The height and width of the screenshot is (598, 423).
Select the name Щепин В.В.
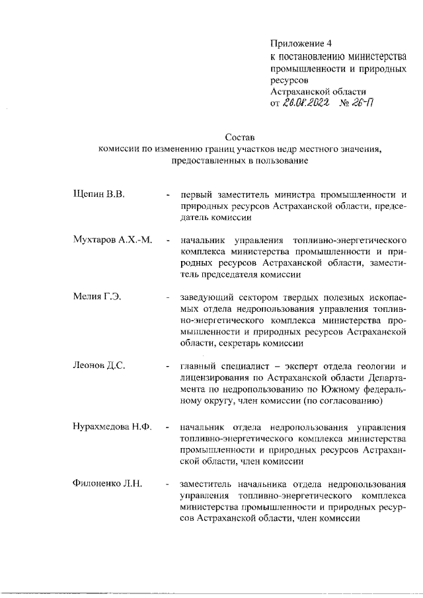pyautogui.click(x=98, y=194)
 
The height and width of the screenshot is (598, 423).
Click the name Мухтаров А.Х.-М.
pyautogui.click(x=112, y=239)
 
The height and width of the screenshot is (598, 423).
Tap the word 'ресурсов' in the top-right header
pyautogui.click(x=289, y=80)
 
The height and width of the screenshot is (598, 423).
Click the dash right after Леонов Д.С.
pyautogui.click(x=170, y=365)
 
